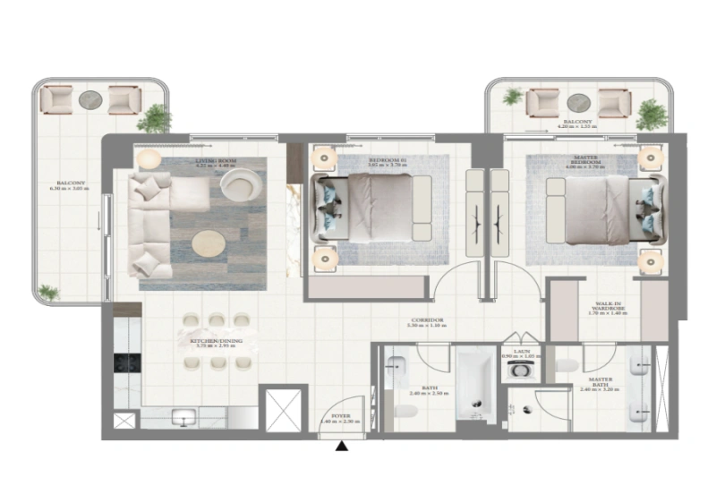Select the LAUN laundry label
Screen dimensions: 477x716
pos(518,353)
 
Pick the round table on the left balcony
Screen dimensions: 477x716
pos(89,99)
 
